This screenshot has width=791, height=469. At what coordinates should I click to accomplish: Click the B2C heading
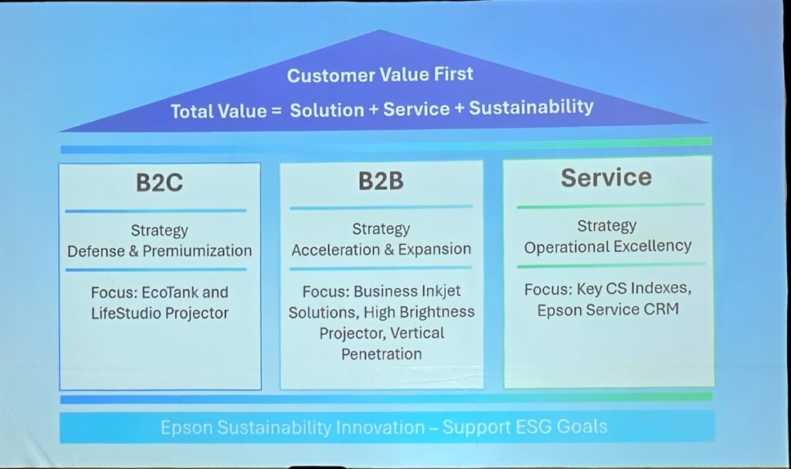pos(159,183)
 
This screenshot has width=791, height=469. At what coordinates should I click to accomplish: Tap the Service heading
pos(606,178)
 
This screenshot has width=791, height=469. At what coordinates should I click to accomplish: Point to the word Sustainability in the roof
pos(531,107)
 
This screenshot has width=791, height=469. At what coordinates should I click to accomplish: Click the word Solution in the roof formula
pos(327,110)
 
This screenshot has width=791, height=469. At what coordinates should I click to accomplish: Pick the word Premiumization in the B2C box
pos(197,251)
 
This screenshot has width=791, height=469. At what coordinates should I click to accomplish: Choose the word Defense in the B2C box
pos(96,251)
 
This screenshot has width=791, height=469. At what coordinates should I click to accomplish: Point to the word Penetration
pos(382,354)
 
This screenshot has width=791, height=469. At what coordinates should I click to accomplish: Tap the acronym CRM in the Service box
pos(661,309)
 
